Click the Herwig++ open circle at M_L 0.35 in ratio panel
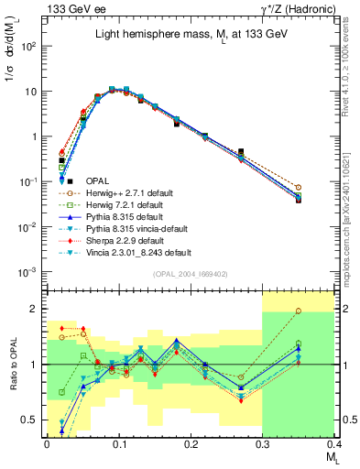coord(323,311)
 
